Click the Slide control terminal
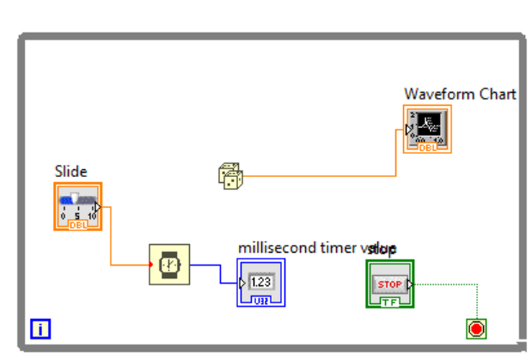click(x=78, y=206)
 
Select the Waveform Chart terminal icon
click(x=427, y=129)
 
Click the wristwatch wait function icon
click(x=169, y=265)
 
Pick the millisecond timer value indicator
click(x=261, y=282)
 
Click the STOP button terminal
click(x=390, y=284)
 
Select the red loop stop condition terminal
click(x=476, y=329)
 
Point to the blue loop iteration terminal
click(x=41, y=330)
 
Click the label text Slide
click(x=70, y=171)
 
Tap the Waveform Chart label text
click(x=460, y=94)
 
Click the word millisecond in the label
click(x=269, y=248)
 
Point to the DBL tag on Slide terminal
click(x=78, y=225)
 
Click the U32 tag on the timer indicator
click(x=261, y=301)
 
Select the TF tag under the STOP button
click(x=390, y=302)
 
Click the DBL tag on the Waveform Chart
click(x=427, y=148)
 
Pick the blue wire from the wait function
click(x=220, y=274)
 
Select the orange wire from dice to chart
click(x=319, y=176)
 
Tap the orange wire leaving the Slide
click(x=111, y=237)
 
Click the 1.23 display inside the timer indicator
click(x=261, y=282)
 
